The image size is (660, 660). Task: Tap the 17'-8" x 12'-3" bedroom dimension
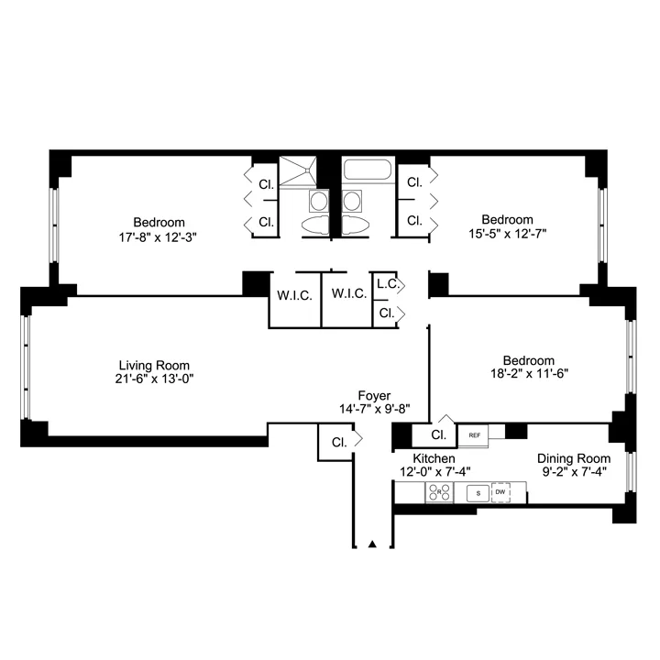[x=159, y=236]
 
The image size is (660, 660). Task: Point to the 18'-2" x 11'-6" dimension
[x=528, y=375]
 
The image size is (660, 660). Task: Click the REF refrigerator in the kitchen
[x=474, y=434]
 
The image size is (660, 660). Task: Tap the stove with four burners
[x=439, y=493]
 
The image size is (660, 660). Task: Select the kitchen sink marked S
[x=476, y=493]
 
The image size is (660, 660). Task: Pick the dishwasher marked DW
[x=500, y=493]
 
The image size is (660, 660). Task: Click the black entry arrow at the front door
[x=372, y=544]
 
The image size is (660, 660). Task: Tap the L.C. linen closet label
[x=387, y=284]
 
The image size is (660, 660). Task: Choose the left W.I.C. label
[x=294, y=294]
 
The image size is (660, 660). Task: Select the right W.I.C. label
[x=348, y=294]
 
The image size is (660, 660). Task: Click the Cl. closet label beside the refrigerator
[x=438, y=434]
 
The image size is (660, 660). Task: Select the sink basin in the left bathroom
[x=317, y=201]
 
